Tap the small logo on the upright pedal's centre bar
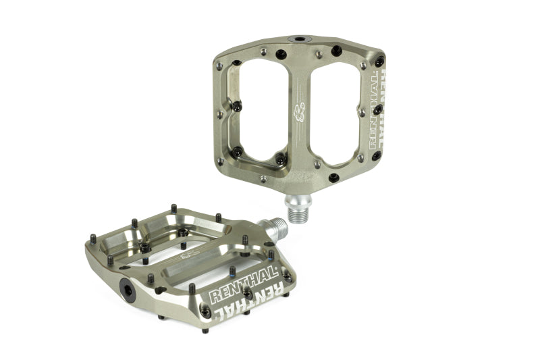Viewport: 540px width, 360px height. click(298, 111)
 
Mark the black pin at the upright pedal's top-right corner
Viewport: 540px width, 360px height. click(379, 61)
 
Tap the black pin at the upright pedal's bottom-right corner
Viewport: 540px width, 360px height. click(333, 178)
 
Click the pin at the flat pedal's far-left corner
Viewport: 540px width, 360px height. click(92, 237)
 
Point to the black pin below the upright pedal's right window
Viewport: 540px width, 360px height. click(333, 178)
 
